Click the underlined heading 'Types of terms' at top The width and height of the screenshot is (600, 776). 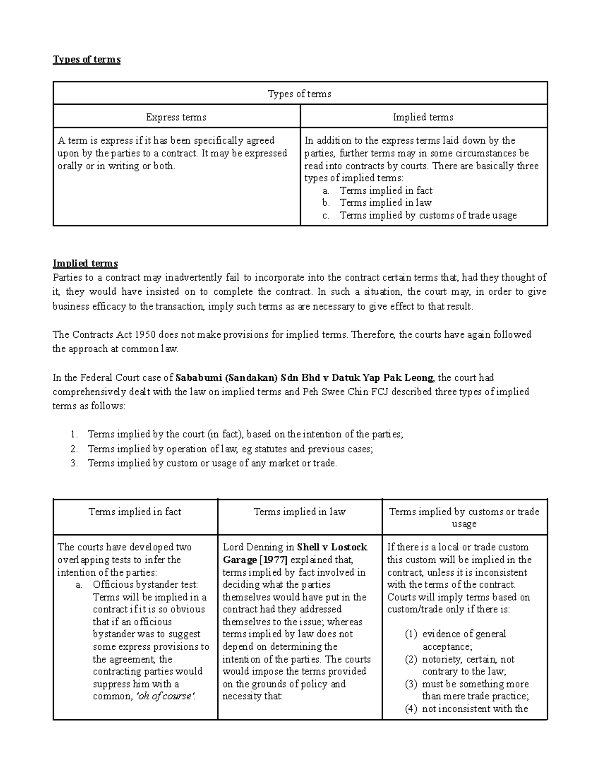coord(87,60)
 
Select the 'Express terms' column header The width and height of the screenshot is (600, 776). coord(176,117)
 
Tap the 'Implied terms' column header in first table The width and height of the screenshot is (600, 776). coord(423,117)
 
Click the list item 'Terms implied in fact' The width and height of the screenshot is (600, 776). coord(386,191)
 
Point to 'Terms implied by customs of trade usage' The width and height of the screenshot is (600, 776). coord(428,215)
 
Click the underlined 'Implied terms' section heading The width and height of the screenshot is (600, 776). coord(85,263)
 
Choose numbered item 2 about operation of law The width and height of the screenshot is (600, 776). coord(230,449)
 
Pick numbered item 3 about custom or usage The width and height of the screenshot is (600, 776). coord(212,463)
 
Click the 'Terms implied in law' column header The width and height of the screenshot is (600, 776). coord(299,512)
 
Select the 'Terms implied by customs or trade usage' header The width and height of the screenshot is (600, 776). coord(464,518)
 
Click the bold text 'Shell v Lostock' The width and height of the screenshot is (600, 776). coord(332,547)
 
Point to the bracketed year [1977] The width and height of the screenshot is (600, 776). coord(273,560)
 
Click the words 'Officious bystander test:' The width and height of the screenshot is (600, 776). coord(145,585)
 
